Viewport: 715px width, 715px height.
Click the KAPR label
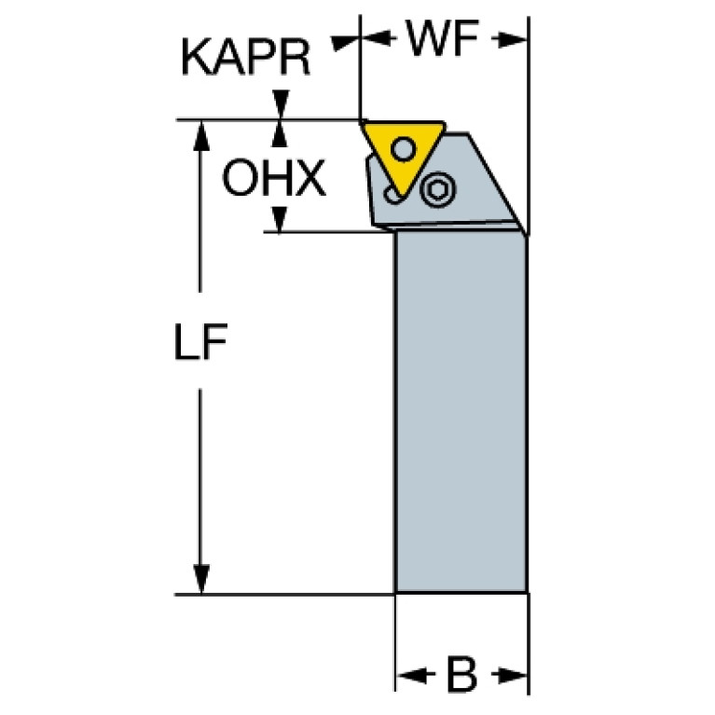point(246,58)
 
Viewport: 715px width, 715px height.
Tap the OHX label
point(274,178)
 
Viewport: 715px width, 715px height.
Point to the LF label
point(200,341)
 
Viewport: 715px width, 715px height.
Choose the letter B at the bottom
point(462,675)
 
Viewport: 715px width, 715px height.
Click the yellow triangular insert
point(404,155)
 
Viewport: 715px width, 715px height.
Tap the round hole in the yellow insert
point(403,148)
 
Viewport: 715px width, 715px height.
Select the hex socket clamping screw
point(438,188)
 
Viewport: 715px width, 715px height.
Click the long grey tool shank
point(461,412)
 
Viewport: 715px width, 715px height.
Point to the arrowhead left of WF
point(377,37)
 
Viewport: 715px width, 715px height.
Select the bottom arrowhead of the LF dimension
point(200,579)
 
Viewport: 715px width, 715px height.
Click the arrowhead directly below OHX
point(279,219)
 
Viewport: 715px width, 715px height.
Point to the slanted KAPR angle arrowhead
point(343,44)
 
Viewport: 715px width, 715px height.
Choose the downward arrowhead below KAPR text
point(281,104)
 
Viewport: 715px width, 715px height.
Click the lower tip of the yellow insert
point(401,196)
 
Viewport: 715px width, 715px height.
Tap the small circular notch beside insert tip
point(392,195)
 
